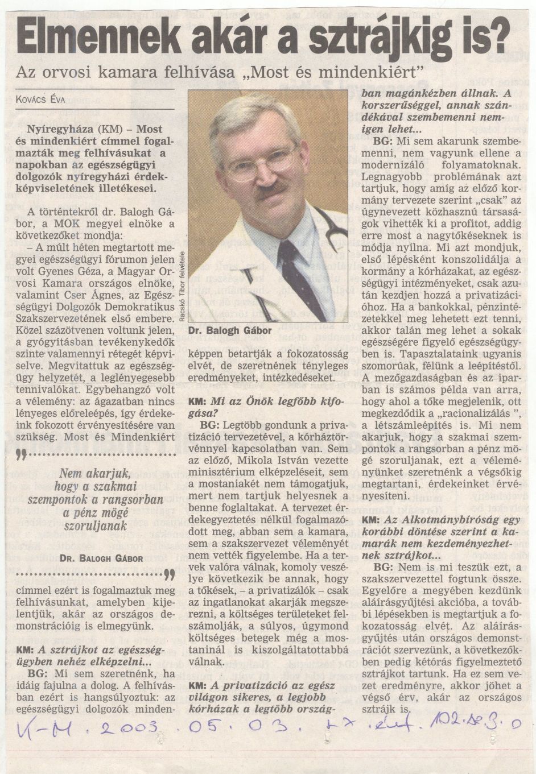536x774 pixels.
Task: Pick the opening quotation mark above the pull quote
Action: click(x=21, y=454)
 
